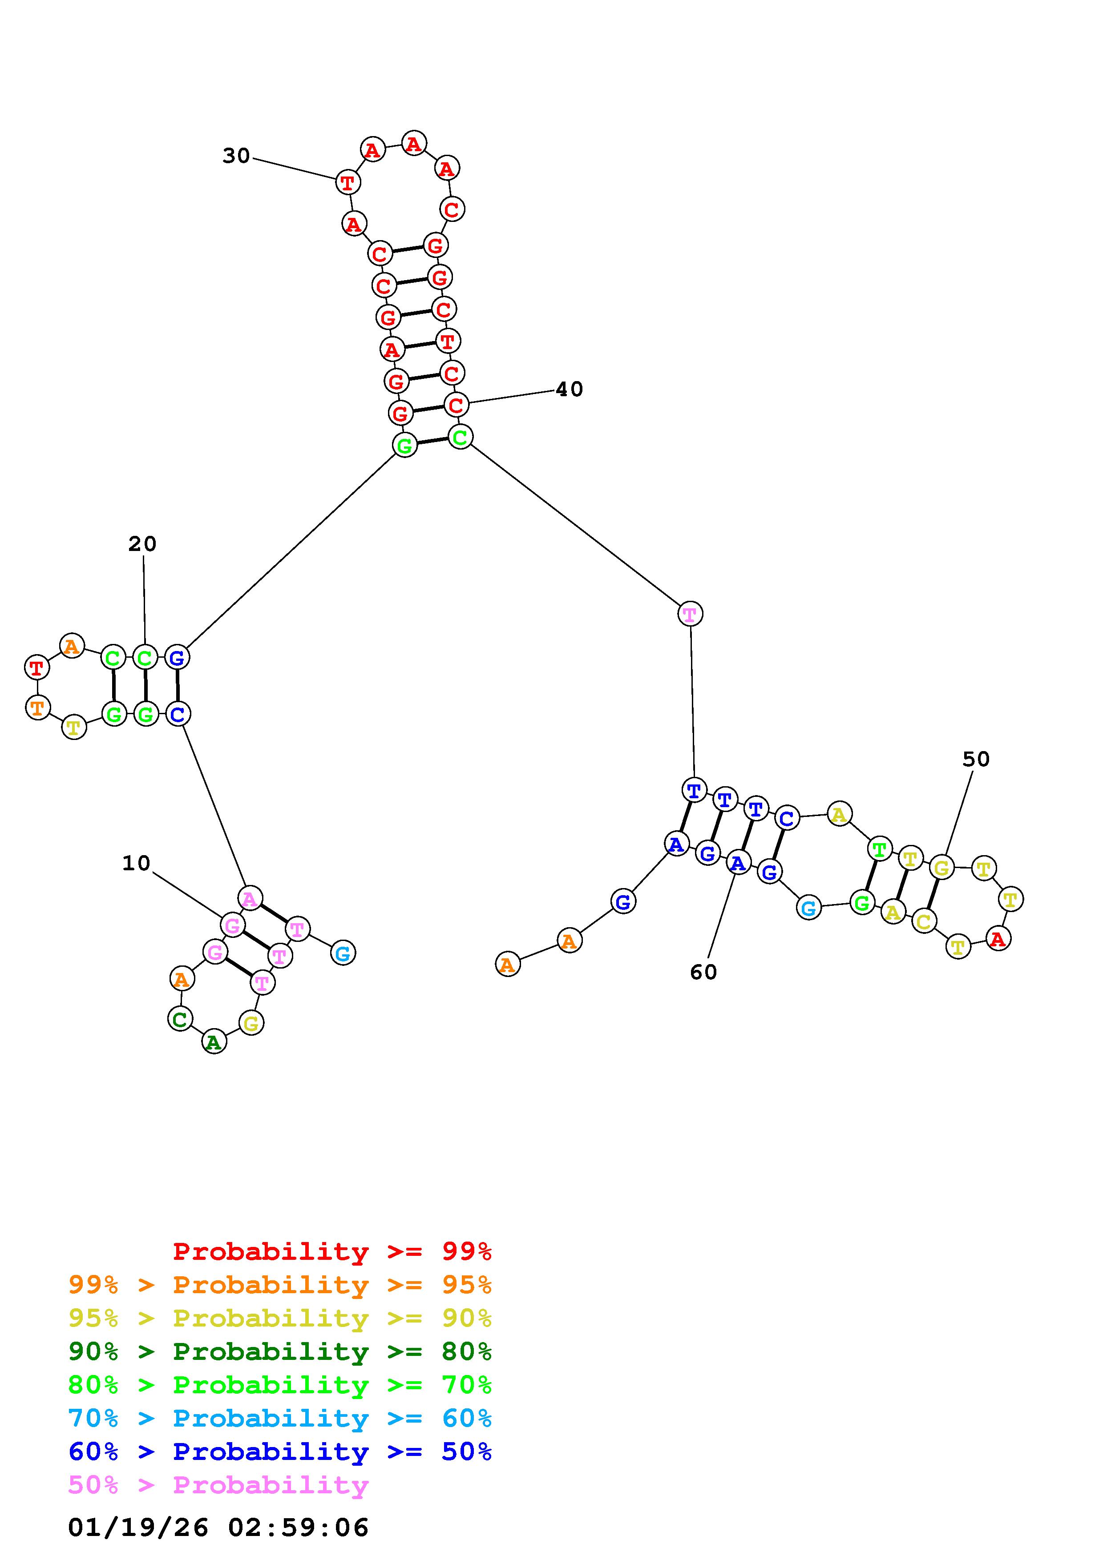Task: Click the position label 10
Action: pos(136,864)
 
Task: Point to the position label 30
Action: pos(237,156)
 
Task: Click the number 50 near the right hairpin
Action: pos(976,759)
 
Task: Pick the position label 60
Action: pos(703,972)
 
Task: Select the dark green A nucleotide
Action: pos(214,1042)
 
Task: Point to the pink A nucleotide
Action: pos(250,898)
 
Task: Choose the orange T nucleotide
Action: pos(37,708)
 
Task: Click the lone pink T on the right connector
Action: pos(690,614)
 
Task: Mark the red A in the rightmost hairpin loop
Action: pos(998,939)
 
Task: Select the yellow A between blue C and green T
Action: pos(839,814)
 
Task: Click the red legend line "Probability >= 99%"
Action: pos(332,1251)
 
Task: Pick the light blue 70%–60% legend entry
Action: pos(280,1418)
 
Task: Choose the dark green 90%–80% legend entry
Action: pos(280,1351)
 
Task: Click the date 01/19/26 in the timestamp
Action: pos(138,1528)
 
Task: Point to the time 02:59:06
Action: pos(299,1528)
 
